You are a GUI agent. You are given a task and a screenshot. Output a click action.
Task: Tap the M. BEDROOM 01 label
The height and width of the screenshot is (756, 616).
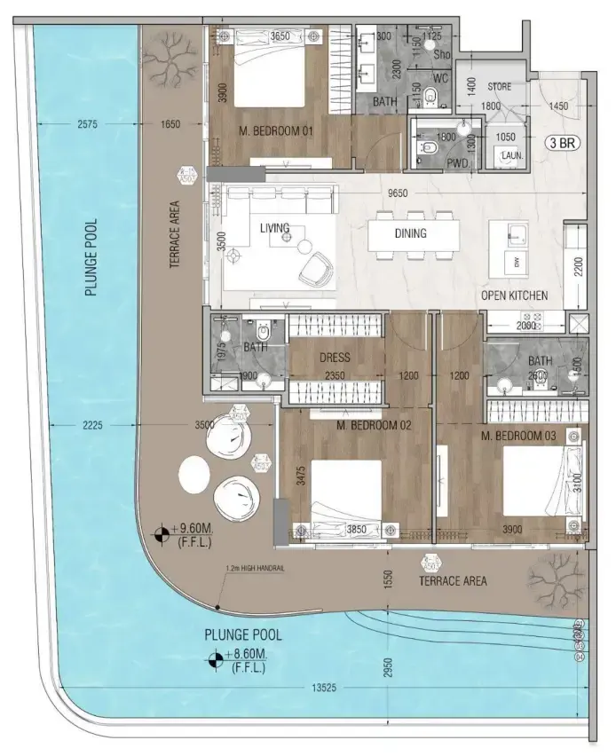point(277,131)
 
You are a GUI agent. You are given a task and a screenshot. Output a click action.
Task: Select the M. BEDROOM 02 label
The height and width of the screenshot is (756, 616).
point(374,425)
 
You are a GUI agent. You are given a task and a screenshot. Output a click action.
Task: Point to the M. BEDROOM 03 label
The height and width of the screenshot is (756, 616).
point(518,437)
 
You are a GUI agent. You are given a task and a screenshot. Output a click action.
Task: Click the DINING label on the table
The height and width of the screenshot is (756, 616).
point(410,233)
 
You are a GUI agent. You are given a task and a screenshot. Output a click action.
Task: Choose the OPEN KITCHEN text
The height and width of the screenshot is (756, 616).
point(514,295)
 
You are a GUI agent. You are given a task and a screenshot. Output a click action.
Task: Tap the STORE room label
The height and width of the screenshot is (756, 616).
point(499,87)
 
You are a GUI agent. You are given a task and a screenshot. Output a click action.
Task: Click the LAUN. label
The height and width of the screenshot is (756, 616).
point(512,155)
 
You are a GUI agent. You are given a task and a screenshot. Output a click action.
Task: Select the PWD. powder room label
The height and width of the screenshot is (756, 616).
point(459,162)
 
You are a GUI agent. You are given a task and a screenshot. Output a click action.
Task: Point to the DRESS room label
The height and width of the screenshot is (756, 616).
point(334,358)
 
